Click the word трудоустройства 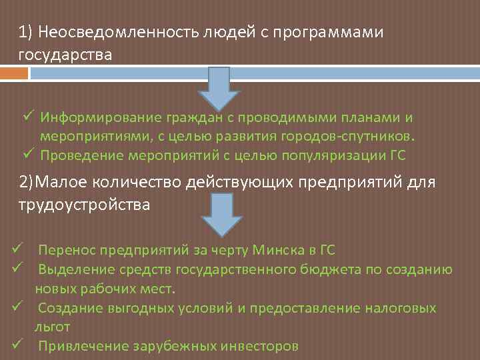pyautogui.click(x=84, y=205)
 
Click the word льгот pyautogui.click(x=53, y=327)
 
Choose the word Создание pyautogui.click(x=68, y=308)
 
